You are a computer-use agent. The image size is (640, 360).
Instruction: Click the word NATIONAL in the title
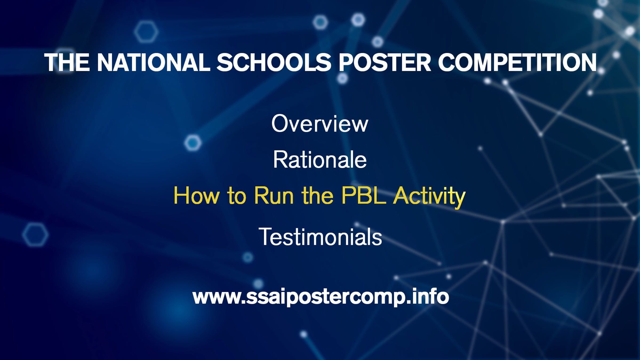[x=154, y=62]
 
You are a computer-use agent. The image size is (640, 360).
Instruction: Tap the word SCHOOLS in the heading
[x=274, y=62]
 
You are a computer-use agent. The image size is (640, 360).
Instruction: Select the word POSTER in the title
[x=385, y=62]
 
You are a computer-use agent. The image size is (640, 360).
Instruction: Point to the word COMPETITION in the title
[x=517, y=62]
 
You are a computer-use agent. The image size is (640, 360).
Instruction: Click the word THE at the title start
[x=67, y=62]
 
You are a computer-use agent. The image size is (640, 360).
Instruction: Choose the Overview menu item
[x=320, y=123]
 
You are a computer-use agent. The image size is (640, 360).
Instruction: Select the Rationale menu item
[x=320, y=160]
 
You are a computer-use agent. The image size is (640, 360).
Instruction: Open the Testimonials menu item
[x=320, y=237]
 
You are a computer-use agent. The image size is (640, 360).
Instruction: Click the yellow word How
[x=196, y=195]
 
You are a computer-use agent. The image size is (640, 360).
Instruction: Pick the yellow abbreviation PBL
[x=364, y=195]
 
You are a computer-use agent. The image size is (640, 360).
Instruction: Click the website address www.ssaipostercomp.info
[x=321, y=297]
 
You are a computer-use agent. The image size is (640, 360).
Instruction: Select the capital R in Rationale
[x=281, y=159]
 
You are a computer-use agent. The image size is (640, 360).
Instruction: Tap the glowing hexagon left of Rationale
[x=193, y=143]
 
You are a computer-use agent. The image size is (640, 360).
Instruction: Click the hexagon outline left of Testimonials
[x=35, y=235]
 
